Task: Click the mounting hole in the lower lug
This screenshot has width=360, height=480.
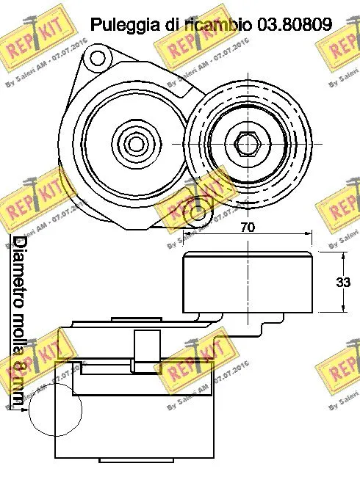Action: tap(197, 214)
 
